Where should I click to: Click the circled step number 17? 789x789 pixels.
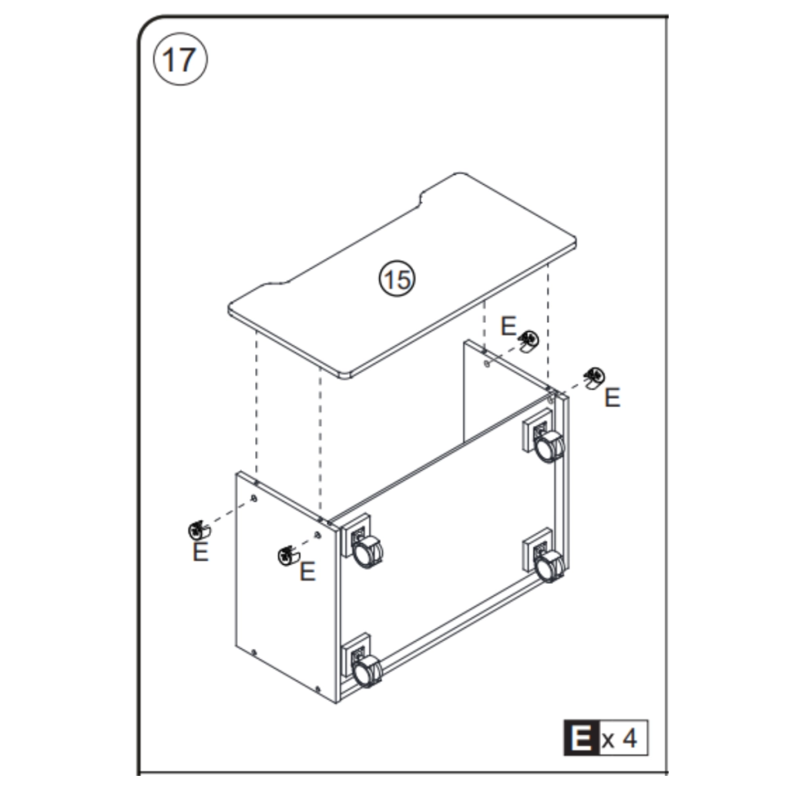pos(180,60)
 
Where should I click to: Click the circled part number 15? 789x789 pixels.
pos(397,278)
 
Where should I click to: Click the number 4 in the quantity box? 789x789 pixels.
pos(630,738)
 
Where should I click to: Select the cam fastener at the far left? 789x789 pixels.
pos(198,530)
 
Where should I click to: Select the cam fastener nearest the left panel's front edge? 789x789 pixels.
pos(287,553)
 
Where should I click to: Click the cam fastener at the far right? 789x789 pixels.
pos(594,377)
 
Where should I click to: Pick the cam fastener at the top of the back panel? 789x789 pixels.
pos(529,340)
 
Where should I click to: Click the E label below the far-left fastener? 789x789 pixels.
pos(200,552)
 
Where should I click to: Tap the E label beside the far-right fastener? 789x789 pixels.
pos(612,398)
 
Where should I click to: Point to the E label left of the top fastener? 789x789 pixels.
pos(508,326)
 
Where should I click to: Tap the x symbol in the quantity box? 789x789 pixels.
pos(609,740)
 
